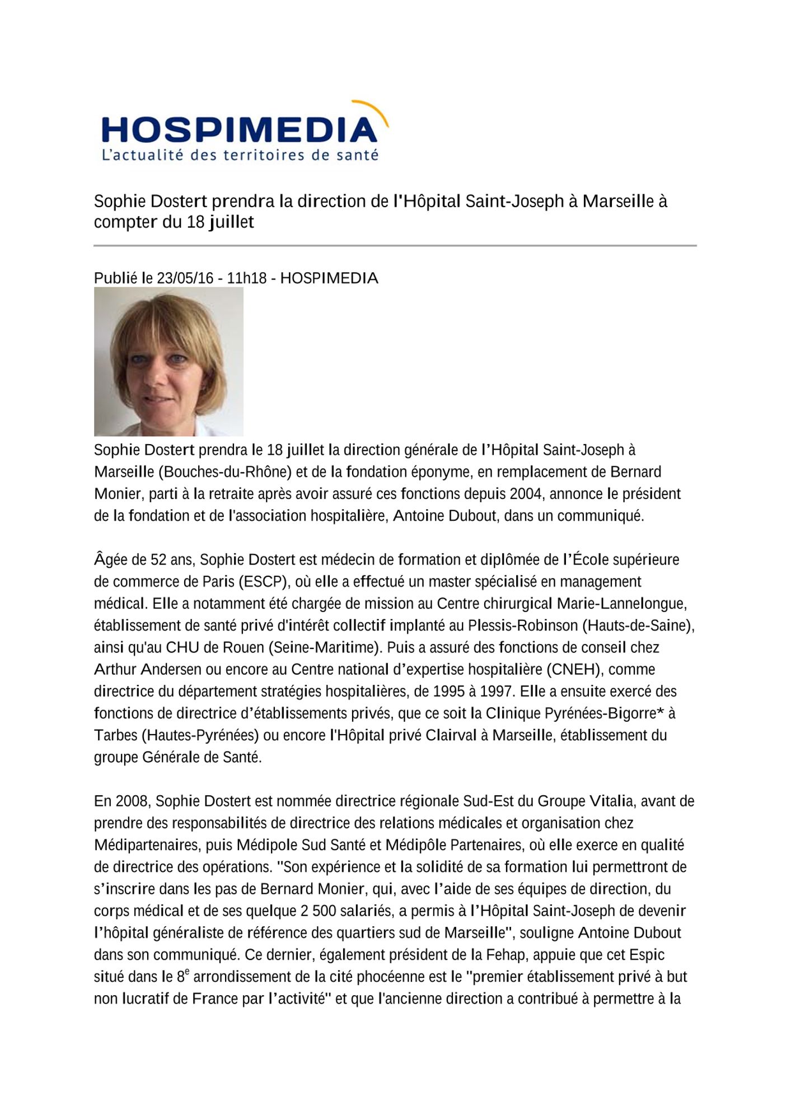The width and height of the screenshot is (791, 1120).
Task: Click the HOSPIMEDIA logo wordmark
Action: click(x=240, y=130)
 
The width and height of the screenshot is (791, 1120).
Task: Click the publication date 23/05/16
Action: click(x=185, y=278)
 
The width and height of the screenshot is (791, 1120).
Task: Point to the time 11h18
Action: click(x=247, y=278)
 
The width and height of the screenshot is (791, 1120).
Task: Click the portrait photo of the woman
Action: click(x=169, y=362)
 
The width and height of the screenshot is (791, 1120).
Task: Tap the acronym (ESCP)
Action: click(x=263, y=582)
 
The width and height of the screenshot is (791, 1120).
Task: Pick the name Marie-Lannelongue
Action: click(x=621, y=604)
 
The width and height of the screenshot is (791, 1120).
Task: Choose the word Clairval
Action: click(x=451, y=735)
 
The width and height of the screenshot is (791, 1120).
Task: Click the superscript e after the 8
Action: click(x=187, y=972)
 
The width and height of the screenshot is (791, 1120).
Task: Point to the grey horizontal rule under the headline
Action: click(x=395, y=246)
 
